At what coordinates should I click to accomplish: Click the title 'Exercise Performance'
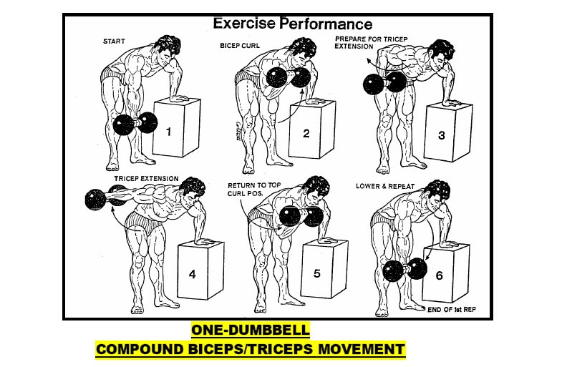(293, 23)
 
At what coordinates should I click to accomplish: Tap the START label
(115, 41)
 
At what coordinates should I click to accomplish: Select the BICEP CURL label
(239, 45)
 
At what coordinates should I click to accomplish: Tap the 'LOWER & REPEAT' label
(386, 186)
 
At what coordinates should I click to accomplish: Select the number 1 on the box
(168, 131)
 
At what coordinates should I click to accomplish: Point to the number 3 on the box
(442, 134)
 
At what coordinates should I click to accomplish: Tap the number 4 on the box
(192, 274)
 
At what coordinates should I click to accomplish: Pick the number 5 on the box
(316, 273)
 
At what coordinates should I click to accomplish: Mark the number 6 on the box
(439, 275)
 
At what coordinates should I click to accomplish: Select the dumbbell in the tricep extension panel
(103, 198)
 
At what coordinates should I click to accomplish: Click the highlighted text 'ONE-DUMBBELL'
(250, 330)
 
